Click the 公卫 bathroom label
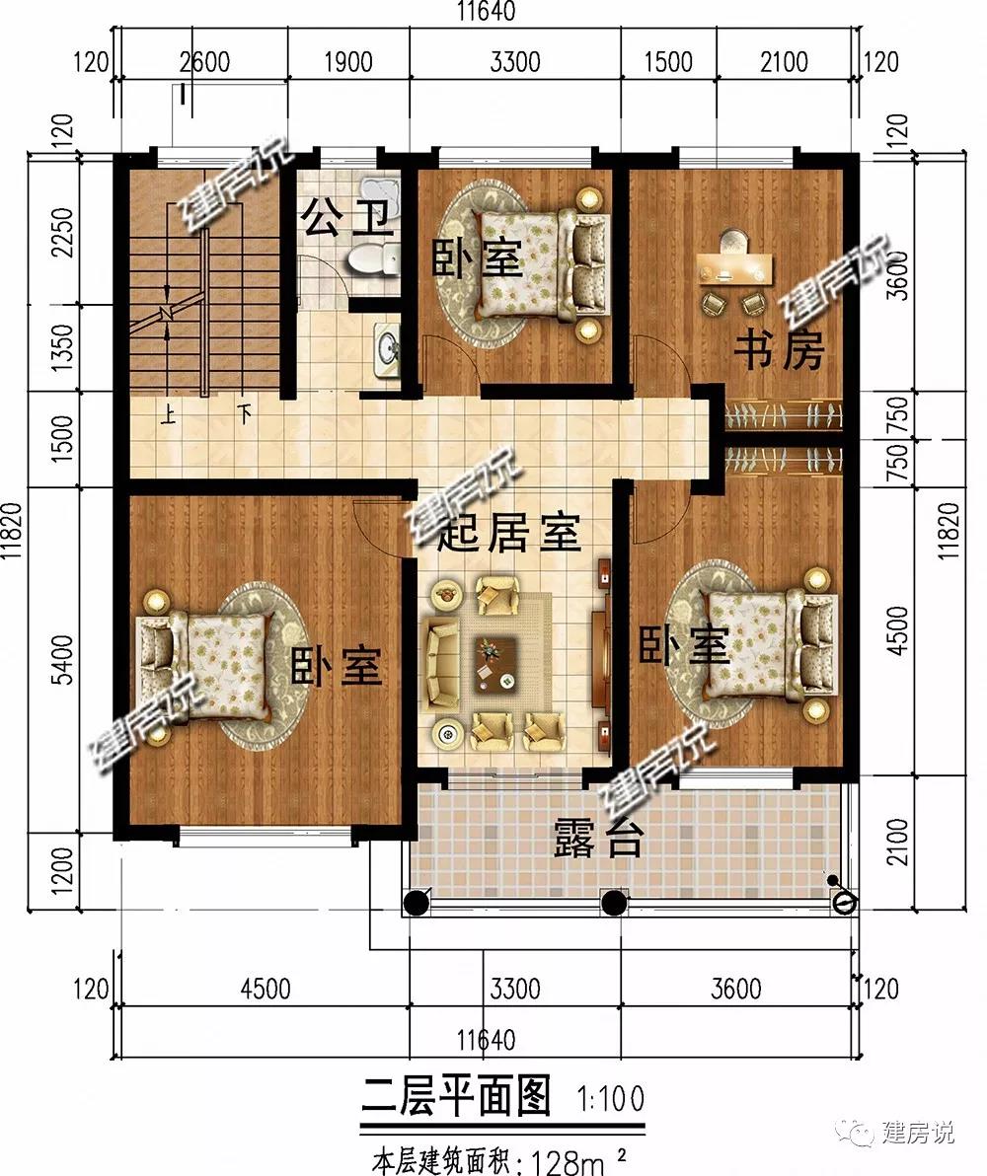pos(347,217)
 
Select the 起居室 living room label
pos(509,533)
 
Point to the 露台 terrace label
pos(598,838)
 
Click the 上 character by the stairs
pos(168,414)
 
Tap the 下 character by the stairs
pos(244,414)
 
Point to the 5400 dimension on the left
pos(64,659)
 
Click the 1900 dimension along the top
pos(348,61)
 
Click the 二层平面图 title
pos(456,1096)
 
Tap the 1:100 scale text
pos(610,1099)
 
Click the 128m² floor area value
pos(578,1162)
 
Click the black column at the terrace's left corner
pos(417,903)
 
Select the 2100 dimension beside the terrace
pos(898,842)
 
